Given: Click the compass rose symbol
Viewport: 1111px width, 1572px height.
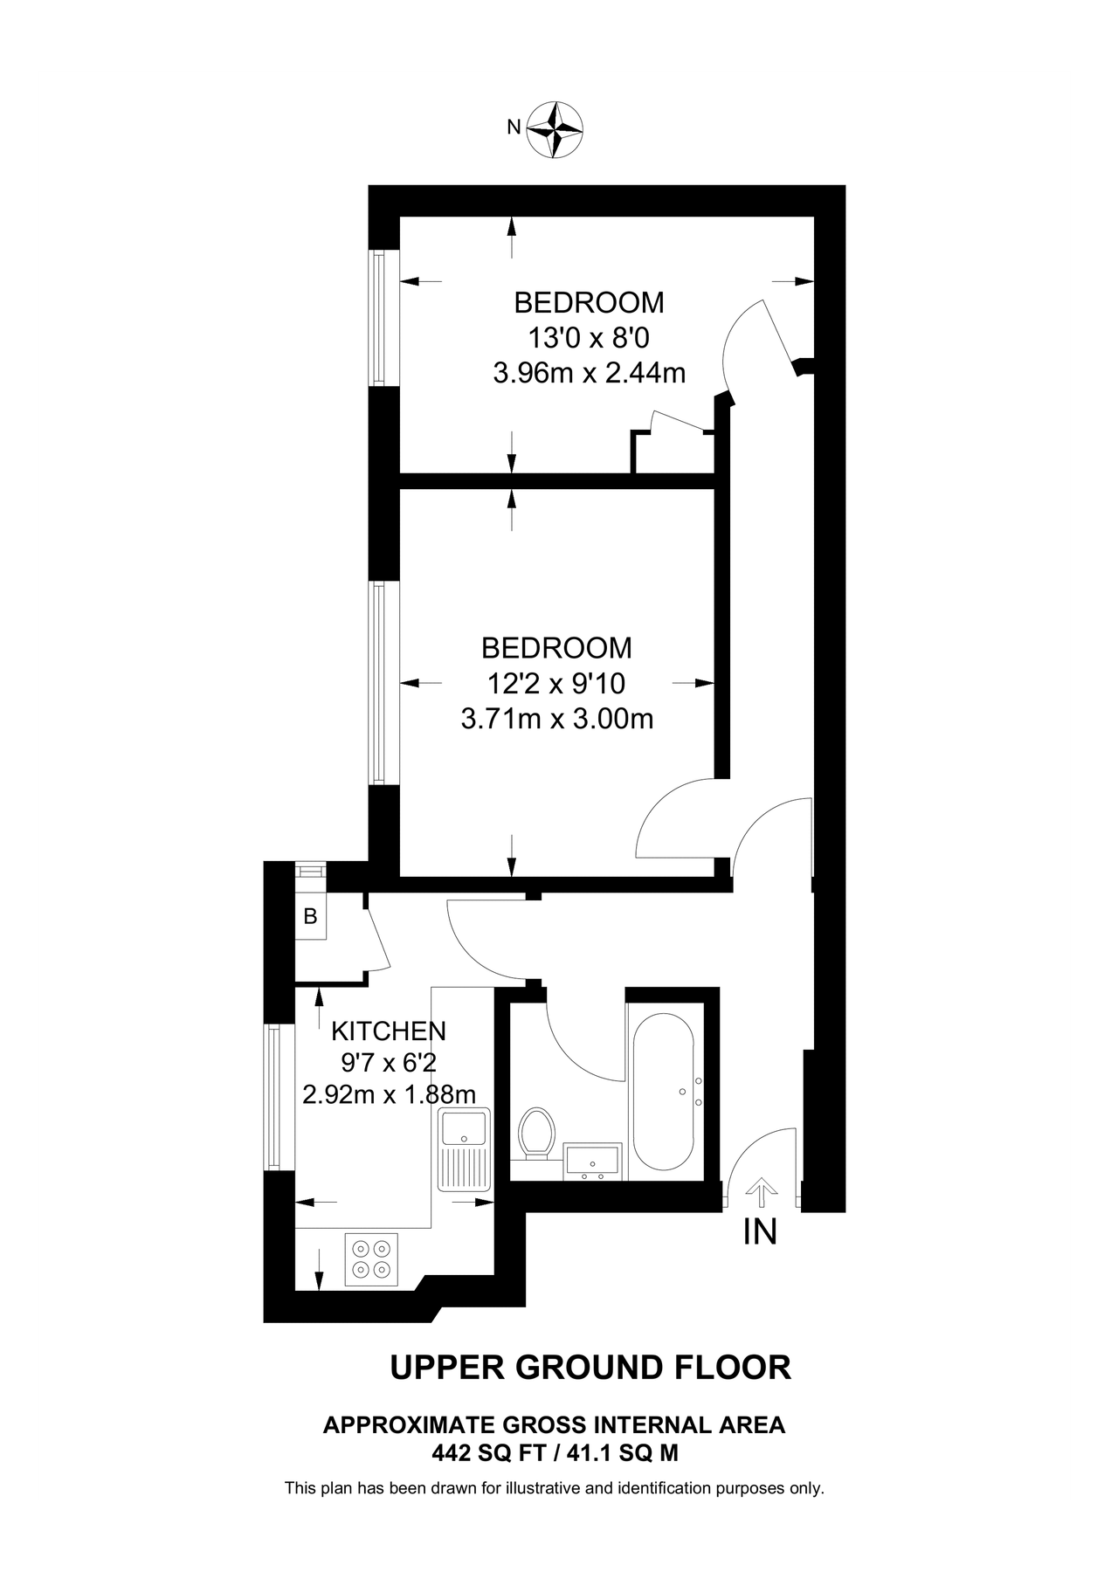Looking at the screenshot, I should pyautogui.click(x=555, y=129).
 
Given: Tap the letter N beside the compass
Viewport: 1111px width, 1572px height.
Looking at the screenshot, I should pyautogui.click(x=514, y=128).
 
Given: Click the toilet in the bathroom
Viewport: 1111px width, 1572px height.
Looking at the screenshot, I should pyautogui.click(x=535, y=1134).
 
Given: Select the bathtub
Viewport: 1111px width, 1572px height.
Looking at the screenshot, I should pyautogui.click(x=664, y=1092).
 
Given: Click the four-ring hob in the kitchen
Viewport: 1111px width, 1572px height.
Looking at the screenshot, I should pyautogui.click(x=370, y=1258).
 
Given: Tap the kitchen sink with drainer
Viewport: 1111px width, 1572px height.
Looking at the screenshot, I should pyautogui.click(x=465, y=1148).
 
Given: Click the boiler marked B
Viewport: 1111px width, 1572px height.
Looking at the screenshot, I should pyautogui.click(x=310, y=916).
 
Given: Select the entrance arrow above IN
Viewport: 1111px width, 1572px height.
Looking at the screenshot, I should pyautogui.click(x=761, y=1192).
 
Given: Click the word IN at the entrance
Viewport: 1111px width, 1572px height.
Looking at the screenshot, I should pyautogui.click(x=759, y=1231).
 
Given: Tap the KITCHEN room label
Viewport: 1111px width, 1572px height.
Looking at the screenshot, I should pyautogui.click(x=388, y=1031).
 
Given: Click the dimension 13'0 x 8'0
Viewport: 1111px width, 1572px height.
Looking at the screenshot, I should pyautogui.click(x=588, y=337).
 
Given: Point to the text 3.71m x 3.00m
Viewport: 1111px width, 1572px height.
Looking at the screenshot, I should pyautogui.click(x=556, y=719).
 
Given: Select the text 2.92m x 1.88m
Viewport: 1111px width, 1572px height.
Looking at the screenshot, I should pyautogui.click(x=389, y=1093).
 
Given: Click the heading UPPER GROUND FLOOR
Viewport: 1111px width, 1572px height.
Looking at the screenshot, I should pyautogui.click(x=590, y=1367).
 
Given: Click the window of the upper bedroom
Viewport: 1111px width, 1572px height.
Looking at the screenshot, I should pyautogui.click(x=378, y=319).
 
